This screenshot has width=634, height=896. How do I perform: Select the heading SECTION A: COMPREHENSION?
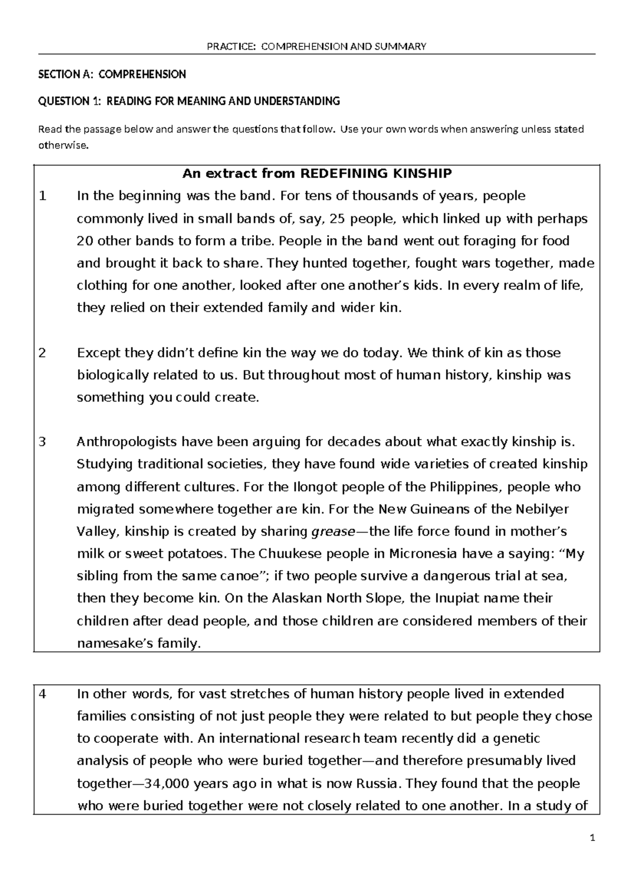coord(112,74)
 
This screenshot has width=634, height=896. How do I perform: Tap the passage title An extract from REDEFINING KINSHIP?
coord(316,173)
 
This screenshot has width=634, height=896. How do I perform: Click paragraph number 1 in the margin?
coord(43,196)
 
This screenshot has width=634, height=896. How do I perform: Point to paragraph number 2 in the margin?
coord(43,352)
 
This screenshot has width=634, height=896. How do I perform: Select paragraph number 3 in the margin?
coord(43,442)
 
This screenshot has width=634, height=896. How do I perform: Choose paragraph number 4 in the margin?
coord(43,694)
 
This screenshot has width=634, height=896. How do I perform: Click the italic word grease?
coord(333,531)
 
